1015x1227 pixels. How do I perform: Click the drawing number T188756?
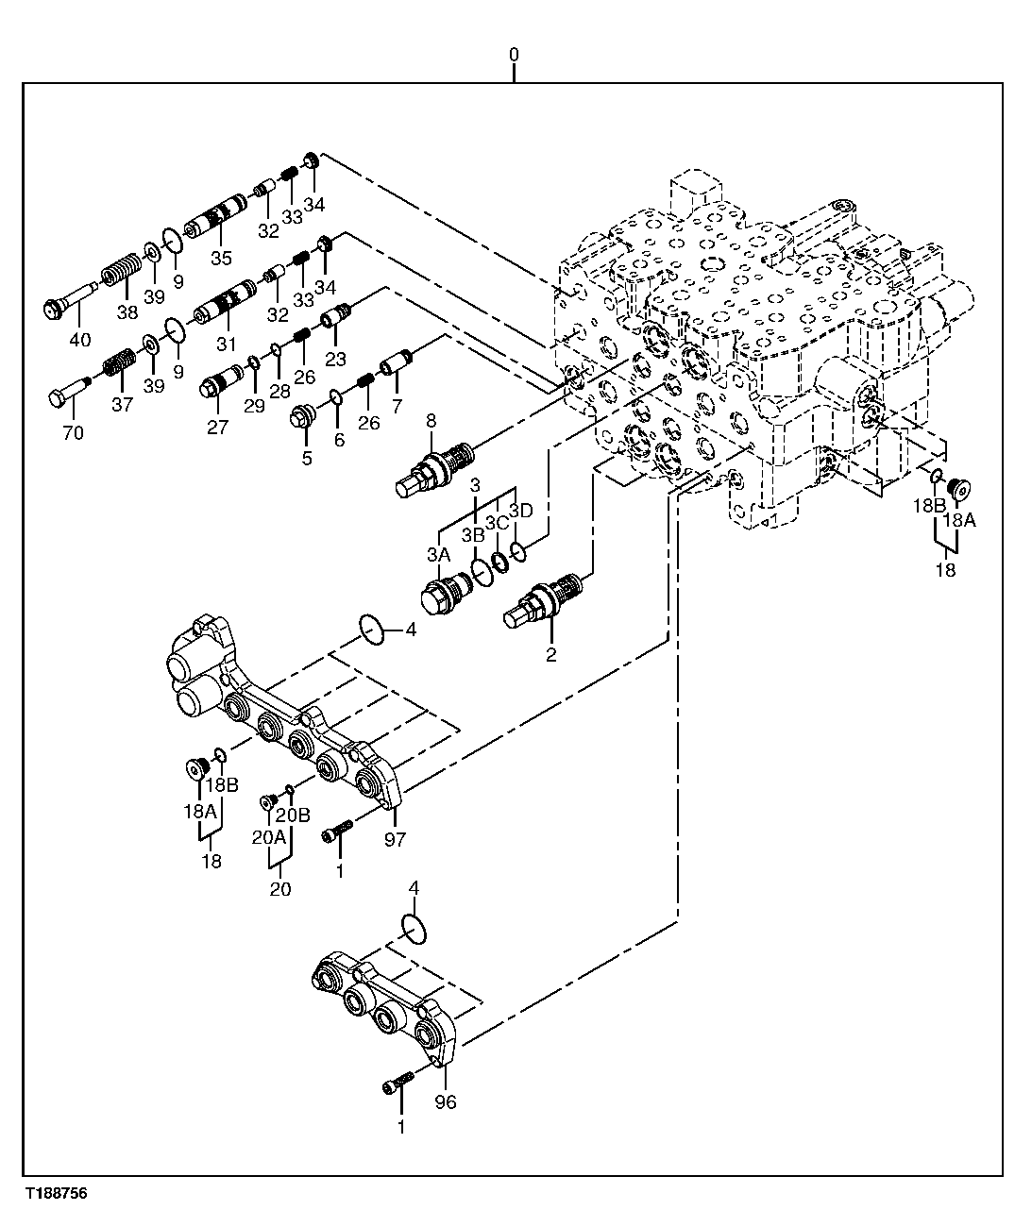click(x=56, y=1194)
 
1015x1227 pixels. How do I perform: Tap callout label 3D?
click(x=521, y=511)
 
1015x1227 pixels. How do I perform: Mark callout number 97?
click(x=395, y=839)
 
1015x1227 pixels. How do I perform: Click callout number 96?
click(x=445, y=1101)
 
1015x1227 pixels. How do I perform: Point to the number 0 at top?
click(x=514, y=56)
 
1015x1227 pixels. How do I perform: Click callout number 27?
click(x=218, y=426)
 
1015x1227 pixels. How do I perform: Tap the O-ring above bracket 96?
click(x=414, y=928)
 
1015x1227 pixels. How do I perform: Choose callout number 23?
click(x=336, y=359)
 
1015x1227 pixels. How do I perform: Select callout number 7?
click(x=397, y=406)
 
